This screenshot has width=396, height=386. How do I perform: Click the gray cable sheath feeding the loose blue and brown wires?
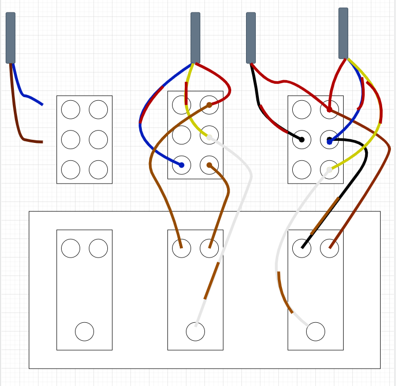[10, 38]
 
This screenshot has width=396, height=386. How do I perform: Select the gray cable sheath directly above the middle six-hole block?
[195, 38]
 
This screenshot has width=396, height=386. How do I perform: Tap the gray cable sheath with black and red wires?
[251, 38]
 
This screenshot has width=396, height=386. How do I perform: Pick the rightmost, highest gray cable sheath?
[343, 33]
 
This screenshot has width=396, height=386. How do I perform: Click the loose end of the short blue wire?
[42, 105]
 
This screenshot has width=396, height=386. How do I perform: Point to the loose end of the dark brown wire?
[42, 142]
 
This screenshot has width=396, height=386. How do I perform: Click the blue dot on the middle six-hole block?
[181, 165]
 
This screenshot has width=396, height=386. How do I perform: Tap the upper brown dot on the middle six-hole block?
[209, 105]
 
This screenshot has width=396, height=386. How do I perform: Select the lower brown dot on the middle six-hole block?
[209, 165]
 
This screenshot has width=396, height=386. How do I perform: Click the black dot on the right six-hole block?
[301, 139]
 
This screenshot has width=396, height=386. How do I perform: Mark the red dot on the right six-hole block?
[329, 109]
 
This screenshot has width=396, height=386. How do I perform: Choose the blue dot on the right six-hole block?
[329, 142]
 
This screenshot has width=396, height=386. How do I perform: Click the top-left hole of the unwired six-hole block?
[70, 109]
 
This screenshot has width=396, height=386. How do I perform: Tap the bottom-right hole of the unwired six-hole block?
[98, 169]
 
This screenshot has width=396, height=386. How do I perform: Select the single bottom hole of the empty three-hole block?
[84, 332]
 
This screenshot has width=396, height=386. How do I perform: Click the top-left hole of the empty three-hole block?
[70, 248]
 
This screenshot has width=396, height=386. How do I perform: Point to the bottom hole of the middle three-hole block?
[195, 332]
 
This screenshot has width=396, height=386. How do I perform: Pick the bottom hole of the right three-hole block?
[315, 332]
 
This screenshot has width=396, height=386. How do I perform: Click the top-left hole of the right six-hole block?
[301, 109]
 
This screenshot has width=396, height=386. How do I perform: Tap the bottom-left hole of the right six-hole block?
[301, 169]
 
